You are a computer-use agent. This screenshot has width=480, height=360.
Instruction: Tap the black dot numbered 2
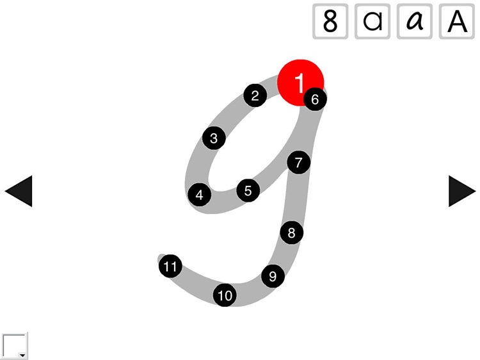pos(255,96)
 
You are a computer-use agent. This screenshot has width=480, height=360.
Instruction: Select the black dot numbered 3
pos(214,138)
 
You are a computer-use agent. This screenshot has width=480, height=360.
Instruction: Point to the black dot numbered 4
pos(200,195)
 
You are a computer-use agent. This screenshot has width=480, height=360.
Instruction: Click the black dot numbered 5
pos(248,190)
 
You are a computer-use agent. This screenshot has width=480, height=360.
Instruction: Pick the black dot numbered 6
pos(315,99)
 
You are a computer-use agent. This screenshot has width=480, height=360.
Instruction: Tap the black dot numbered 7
pos(298,163)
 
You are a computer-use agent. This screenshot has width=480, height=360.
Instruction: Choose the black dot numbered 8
pos(292,233)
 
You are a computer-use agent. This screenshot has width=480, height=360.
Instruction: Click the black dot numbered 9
pos(273,276)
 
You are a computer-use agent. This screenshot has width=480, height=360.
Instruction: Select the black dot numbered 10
pos(225,295)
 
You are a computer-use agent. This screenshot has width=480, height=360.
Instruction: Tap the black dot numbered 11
pos(170,266)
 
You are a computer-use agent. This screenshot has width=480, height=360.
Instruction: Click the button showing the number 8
pos(330,21)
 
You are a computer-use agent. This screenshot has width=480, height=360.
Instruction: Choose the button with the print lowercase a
pos(372,21)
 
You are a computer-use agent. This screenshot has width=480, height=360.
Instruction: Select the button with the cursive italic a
pos(415,21)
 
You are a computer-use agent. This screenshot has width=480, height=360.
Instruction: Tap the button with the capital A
pos(457,21)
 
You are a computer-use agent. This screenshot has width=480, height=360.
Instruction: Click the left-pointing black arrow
pos(19,191)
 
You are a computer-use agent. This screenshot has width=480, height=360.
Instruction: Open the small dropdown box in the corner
pos(15,346)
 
